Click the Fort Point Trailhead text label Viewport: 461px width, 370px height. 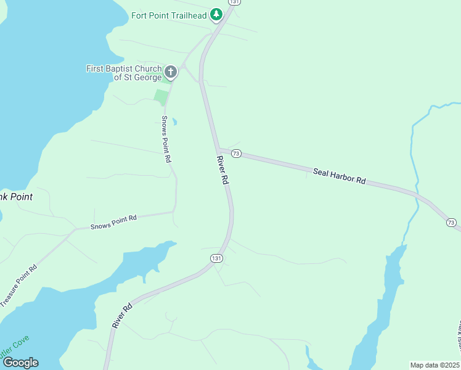tap(169, 15)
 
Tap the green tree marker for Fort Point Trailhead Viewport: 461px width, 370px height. tap(216, 14)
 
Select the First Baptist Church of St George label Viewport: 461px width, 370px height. tap(124, 73)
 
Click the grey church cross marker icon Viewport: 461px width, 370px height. tap(171, 72)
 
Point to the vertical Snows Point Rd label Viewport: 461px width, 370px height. tap(166, 139)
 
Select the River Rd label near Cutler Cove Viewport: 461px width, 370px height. tap(123, 315)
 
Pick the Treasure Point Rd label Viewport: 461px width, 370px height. tap(19, 285)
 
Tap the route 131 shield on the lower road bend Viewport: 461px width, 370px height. tap(216, 258)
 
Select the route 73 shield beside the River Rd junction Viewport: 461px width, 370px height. tap(236, 153)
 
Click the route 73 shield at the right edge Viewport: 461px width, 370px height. tap(451, 222)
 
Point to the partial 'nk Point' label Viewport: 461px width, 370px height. tap(16, 197)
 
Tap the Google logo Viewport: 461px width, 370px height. tap(20, 362)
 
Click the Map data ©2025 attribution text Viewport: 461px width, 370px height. tap(434, 365)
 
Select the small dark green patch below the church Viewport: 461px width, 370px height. tap(161, 97)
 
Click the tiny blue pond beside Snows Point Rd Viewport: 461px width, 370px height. tap(174, 121)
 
